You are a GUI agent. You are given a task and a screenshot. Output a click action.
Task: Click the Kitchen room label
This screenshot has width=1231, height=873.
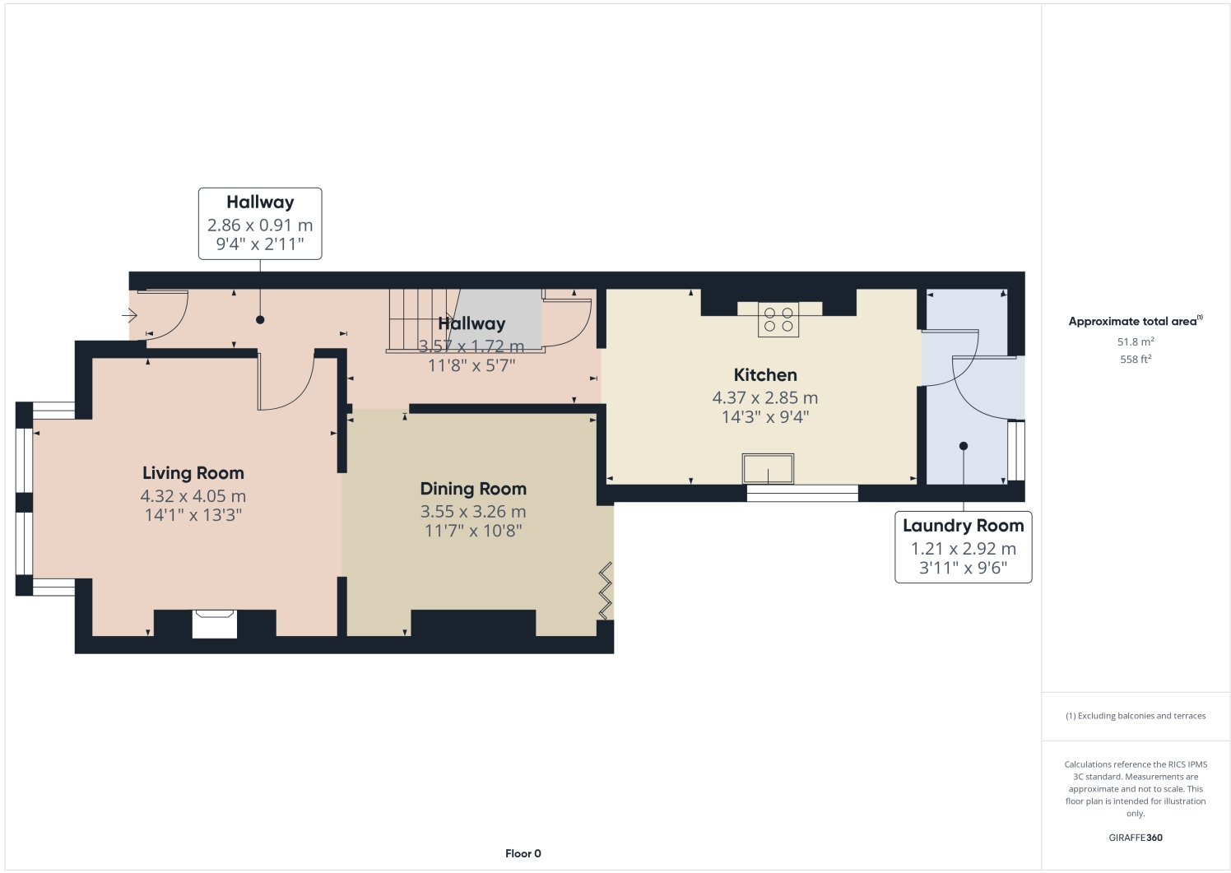(x=764, y=375)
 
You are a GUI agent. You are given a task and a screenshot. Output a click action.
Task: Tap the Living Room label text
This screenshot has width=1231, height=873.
(x=193, y=473)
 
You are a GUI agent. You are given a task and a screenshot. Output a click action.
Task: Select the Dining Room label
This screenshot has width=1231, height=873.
(x=473, y=489)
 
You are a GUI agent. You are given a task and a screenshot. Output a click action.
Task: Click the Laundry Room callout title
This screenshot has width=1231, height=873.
(x=963, y=526)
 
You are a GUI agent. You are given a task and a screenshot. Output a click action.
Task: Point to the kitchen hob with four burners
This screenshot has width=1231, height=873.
(x=778, y=320)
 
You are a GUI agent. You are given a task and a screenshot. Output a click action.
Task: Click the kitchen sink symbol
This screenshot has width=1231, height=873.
(x=768, y=469)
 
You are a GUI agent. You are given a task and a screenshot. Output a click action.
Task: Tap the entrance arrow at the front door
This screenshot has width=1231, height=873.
(x=129, y=315)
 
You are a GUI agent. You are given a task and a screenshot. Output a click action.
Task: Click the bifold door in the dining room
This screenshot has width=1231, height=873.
(x=606, y=591)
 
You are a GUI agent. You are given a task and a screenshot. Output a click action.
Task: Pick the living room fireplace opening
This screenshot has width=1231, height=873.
(x=214, y=624)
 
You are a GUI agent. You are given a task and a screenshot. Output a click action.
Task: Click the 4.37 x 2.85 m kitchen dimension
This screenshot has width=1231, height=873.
(x=764, y=397)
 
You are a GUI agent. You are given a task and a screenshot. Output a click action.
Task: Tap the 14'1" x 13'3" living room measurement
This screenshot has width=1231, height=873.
(x=193, y=515)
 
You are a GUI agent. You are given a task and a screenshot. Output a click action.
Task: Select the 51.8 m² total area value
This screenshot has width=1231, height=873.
(x=1135, y=341)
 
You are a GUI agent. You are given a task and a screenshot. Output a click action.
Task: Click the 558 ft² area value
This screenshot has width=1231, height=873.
(x=1135, y=360)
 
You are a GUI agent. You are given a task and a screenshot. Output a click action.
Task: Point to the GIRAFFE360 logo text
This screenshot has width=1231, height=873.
(x=1136, y=838)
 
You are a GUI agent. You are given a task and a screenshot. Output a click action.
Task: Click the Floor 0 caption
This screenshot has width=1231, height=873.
(x=523, y=853)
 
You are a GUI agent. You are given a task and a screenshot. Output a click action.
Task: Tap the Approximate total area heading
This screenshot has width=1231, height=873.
(x=1134, y=322)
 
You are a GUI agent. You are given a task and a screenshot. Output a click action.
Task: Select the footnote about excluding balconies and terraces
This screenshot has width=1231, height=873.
(x=1135, y=716)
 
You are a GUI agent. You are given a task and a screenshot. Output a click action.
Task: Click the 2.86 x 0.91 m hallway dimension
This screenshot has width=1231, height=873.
(x=260, y=225)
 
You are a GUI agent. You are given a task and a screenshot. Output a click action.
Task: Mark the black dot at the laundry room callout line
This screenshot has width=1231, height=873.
(x=963, y=446)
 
